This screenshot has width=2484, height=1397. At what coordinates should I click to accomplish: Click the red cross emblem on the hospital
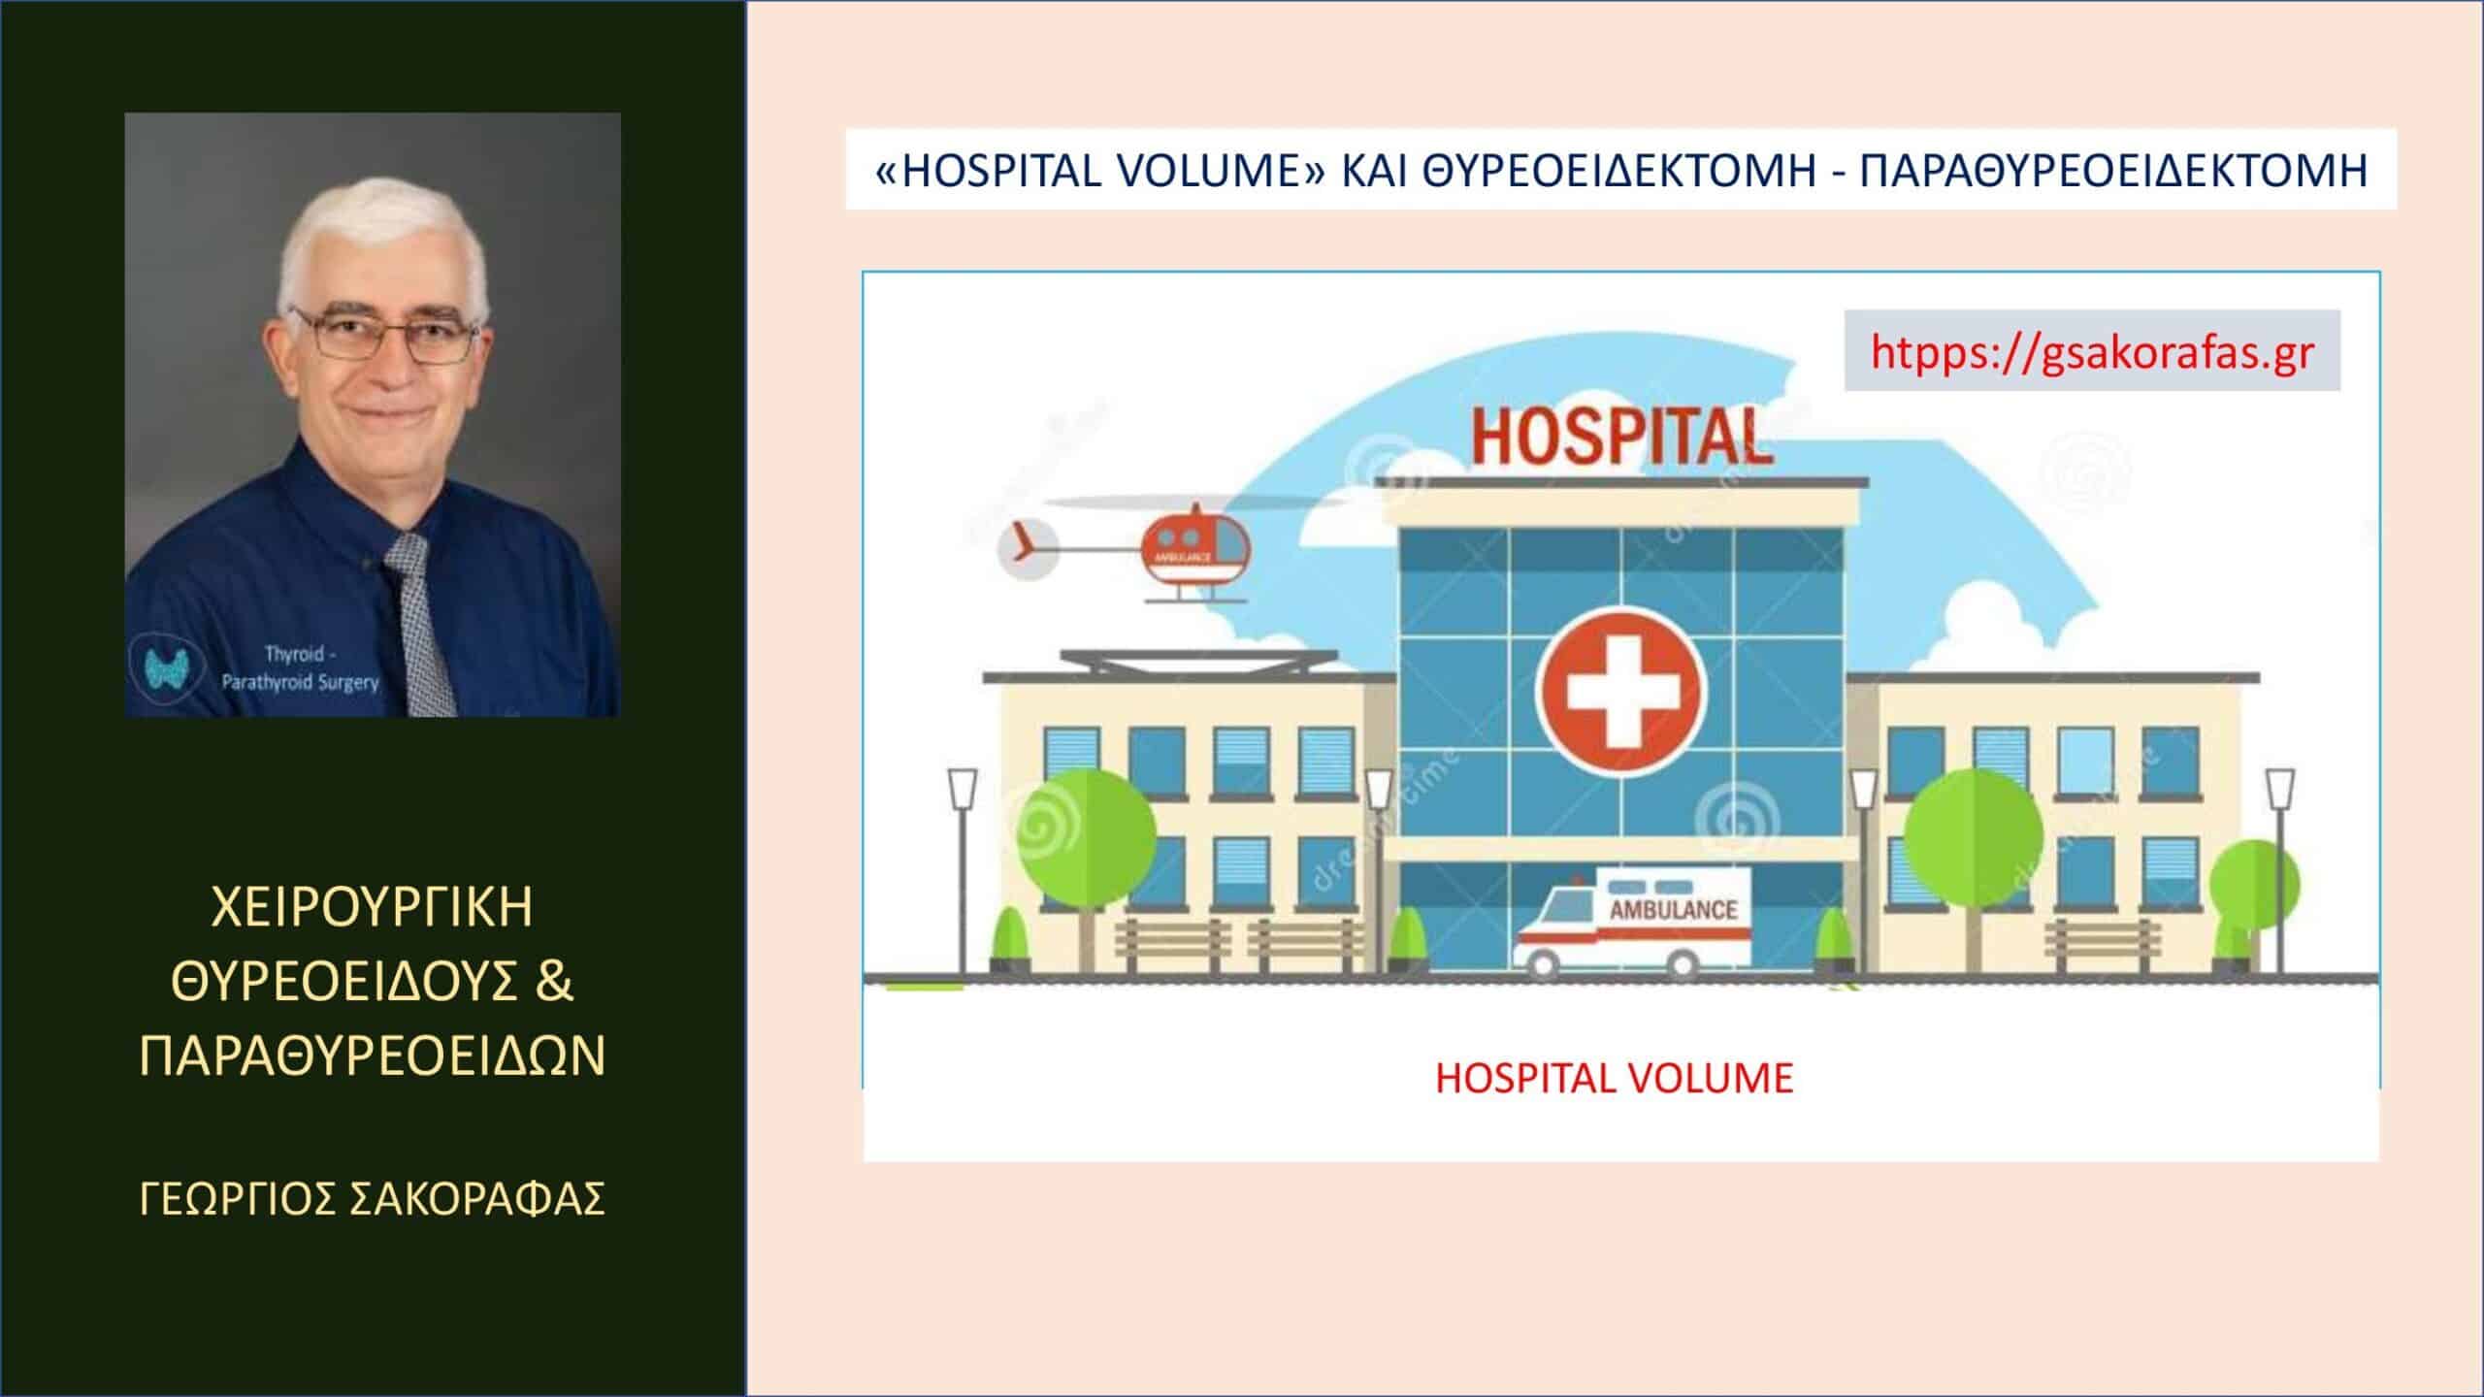tap(1622, 691)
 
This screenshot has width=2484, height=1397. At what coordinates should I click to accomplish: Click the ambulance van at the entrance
tap(1634, 920)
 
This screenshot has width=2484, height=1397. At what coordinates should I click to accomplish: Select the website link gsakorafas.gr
tap(2092, 350)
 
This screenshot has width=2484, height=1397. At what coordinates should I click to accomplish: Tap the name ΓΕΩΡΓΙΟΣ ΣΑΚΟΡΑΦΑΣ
tap(373, 1198)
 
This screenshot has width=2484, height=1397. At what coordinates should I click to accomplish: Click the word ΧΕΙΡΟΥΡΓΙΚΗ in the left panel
tap(373, 907)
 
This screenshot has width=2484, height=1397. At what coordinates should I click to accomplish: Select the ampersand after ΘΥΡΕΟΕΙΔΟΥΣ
tap(555, 981)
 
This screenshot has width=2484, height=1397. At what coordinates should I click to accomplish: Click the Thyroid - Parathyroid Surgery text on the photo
tap(300, 667)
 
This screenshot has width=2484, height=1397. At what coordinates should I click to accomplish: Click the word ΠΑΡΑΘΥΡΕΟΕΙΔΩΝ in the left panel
tap(373, 1056)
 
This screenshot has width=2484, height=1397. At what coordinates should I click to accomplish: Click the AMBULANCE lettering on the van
tap(1673, 910)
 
